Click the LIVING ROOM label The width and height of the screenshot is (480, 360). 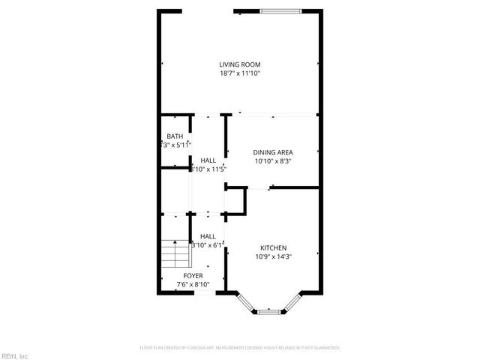[x=239, y=64]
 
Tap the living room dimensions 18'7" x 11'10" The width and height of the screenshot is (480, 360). [x=239, y=73]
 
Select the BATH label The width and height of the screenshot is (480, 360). [x=175, y=136]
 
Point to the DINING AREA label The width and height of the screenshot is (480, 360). [x=272, y=152]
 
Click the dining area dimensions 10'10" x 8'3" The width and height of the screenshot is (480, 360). [x=272, y=160]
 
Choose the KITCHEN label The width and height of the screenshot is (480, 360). [x=273, y=248]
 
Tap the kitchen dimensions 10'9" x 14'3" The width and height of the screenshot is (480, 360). [x=273, y=256]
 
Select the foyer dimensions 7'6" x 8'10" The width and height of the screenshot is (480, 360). [x=192, y=284]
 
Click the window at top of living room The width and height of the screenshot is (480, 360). [x=282, y=11]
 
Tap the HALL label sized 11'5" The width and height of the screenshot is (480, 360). [x=208, y=160]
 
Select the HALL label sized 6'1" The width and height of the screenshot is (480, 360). [x=208, y=236]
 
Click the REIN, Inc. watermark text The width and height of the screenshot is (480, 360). [x=15, y=355]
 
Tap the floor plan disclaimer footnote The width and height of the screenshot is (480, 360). [x=240, y=348]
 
